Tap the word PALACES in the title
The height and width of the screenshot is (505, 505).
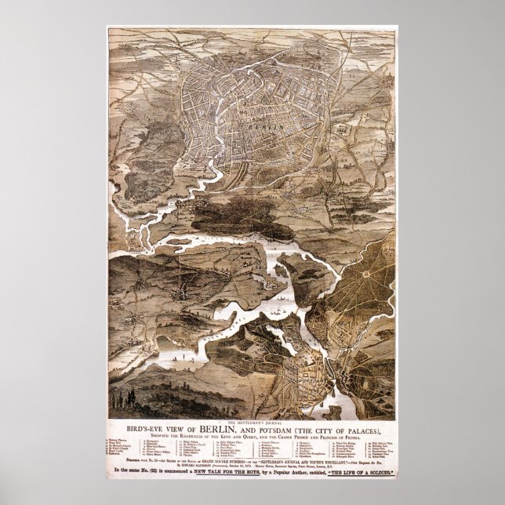(x=362, y=428)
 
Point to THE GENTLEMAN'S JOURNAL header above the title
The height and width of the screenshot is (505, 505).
(x=252, y=420)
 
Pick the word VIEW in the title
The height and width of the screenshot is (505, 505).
(x=176, y=428)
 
